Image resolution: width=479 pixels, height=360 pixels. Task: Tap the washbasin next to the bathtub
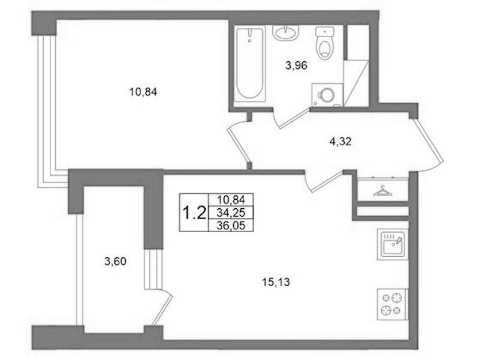click(285, 32)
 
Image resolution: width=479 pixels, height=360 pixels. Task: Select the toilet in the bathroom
click(324, 43)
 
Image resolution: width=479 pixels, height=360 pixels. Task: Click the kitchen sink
click(393, 244)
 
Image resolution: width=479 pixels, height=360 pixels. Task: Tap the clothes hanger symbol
click(382, 191)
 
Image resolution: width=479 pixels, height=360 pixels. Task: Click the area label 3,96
click(296, 65)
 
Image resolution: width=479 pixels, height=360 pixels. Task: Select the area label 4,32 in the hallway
click(341, 142)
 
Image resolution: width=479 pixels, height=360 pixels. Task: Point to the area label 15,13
click(276, 282)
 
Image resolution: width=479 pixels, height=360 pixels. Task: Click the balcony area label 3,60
click(115, 262)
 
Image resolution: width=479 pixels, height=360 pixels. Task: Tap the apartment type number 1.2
click(194, 212)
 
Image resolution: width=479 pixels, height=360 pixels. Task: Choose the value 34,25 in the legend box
click(231, 212)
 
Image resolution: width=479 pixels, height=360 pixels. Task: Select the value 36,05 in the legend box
click(231, 226)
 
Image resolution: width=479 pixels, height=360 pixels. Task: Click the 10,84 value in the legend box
click(231, 200)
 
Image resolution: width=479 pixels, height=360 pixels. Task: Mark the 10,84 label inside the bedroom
click(143, 91)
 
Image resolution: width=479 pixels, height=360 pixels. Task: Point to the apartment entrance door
click(428, 142)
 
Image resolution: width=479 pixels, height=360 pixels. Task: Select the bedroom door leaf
click(239, 145)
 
